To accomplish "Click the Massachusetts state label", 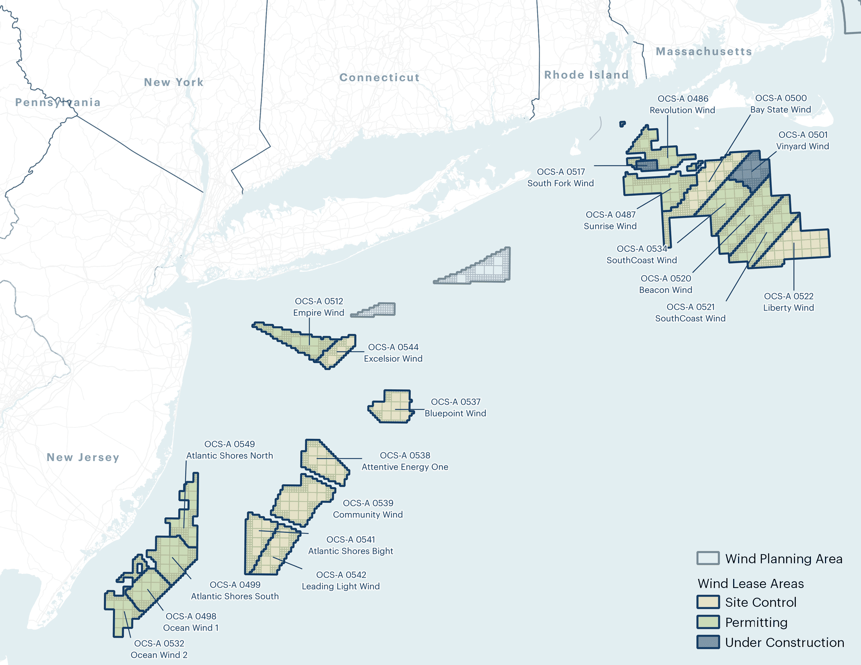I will (704, 51).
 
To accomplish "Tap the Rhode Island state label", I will (586, 75).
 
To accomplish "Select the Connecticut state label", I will (379, 77).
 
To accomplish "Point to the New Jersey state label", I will (83, 457).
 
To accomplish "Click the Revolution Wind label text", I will (682, 110).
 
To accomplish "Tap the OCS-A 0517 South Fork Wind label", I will (560, 177).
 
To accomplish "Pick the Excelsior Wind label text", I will (393, 359).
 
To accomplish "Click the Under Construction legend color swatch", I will (708, 642).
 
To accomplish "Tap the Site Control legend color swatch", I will (708, 602).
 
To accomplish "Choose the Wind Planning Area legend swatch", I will (708, 558).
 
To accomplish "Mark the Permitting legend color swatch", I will (708, 622).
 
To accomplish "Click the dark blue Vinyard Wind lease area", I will (750, 170).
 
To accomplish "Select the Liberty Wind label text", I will (788, 307).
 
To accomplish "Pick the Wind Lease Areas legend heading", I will (750, 583).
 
